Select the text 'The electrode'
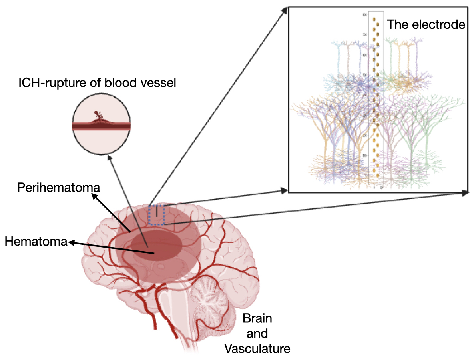point(426,25)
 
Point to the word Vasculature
point(257,348)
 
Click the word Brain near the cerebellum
point(257,319)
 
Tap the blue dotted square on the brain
point(156,215)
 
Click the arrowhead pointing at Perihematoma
point(94,196)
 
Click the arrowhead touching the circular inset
point(109,159)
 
